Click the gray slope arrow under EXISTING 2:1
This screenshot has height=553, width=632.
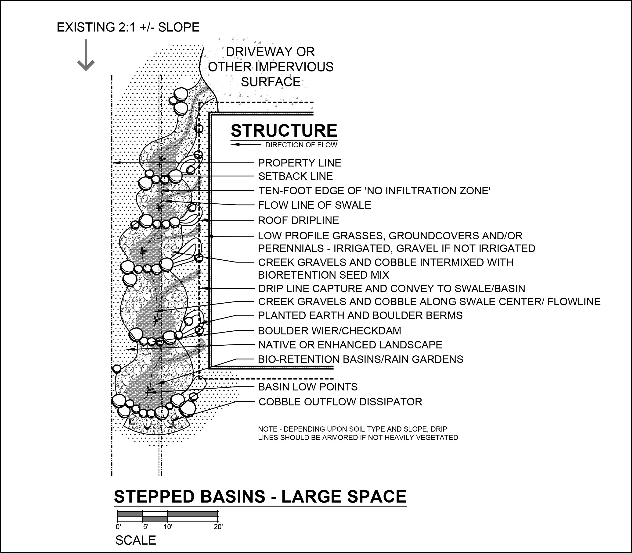(86, 55)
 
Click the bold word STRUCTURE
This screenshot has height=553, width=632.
(284, 131)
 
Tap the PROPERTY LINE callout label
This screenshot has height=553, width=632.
(300, 163)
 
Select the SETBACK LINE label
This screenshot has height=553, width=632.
(296, 176)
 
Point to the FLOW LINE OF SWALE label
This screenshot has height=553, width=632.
(315, 205)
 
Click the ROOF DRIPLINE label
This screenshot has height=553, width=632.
(298, 220)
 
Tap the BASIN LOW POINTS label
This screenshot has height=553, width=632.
(308, 387)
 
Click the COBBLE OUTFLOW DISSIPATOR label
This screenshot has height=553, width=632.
(340, 402)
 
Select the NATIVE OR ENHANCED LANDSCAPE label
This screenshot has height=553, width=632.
(350, 345)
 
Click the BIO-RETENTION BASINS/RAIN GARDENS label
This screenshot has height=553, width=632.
(361, 359)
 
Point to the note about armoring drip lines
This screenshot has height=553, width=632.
(358, 433)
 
